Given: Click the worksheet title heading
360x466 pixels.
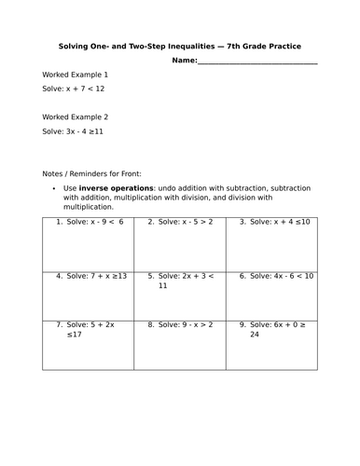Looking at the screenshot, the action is pyautogui.click(x=180, y=45).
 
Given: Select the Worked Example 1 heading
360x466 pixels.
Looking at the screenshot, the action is pyautogui.click(x=76, y=74).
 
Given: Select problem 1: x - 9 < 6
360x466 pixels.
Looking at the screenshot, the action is pyautogui.click(x=89, y=222).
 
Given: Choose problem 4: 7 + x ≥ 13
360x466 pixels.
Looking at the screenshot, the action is pyautogui.click(x=91, y=276).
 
